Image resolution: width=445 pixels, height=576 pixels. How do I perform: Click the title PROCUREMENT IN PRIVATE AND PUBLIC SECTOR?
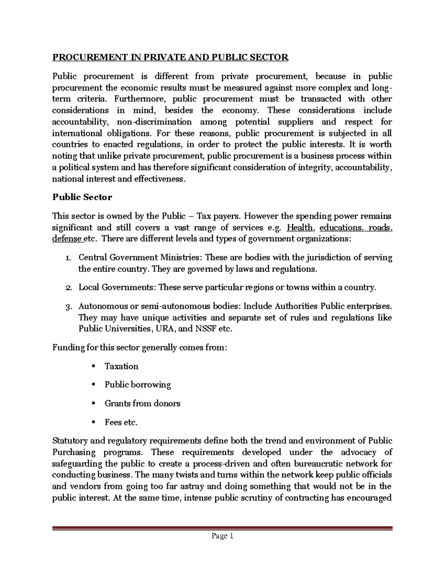170,57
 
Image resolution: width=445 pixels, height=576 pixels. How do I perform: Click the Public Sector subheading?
82,197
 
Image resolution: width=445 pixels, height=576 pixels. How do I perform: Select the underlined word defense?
67,239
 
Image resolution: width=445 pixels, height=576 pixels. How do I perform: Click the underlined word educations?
340,228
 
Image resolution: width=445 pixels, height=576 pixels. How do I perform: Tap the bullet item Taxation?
121,366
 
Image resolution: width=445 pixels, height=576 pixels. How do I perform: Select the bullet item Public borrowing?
138,385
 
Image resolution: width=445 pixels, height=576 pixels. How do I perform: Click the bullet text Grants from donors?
142,404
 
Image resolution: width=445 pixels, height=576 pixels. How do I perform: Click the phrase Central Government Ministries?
140,258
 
